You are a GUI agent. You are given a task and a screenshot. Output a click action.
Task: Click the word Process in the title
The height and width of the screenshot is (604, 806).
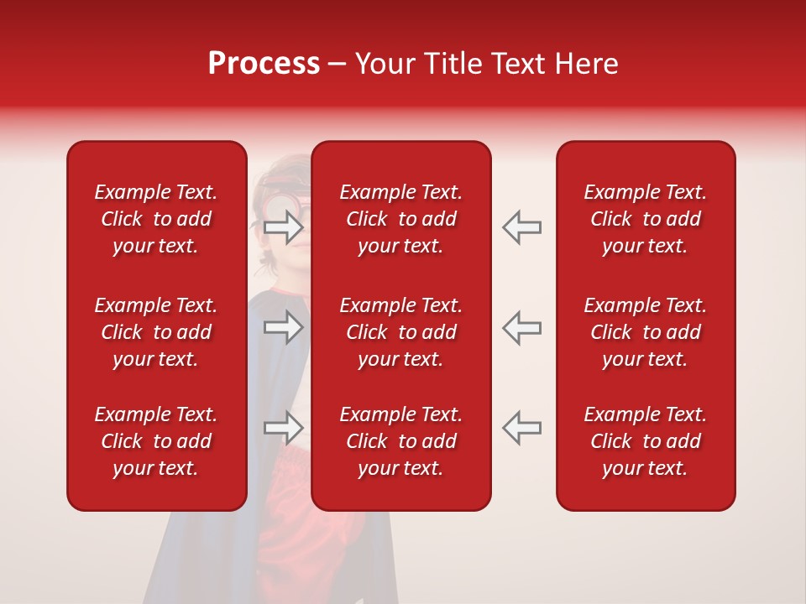(264, 64)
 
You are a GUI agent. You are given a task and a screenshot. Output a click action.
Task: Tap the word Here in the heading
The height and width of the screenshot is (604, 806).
(585, 64)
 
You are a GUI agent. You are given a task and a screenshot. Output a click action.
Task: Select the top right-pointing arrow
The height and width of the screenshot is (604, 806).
(284, 226)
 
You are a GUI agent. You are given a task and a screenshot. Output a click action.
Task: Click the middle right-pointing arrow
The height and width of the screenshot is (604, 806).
(284, 327)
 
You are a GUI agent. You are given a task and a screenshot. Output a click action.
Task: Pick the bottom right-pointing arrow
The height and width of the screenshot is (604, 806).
(284, 428)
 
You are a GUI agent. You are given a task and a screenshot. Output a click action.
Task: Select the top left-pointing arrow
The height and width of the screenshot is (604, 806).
(521, 226)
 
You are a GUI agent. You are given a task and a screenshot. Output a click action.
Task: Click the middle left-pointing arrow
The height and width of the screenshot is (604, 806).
(521, 327)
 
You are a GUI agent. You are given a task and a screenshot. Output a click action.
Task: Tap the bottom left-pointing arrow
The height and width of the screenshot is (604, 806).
(521, 428)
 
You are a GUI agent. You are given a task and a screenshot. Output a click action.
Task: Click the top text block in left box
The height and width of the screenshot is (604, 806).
(156, 219)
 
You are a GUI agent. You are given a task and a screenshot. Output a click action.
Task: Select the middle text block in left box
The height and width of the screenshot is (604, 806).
(156, 332)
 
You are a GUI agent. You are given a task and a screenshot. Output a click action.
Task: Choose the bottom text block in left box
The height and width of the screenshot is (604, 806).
(156, 441)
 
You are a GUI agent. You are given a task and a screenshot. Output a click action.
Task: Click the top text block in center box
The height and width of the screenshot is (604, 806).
(400, 219)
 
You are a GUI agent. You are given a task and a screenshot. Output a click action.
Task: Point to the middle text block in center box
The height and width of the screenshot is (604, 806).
(400, 332)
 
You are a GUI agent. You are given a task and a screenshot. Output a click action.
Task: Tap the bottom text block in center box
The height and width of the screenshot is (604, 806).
(400, 441)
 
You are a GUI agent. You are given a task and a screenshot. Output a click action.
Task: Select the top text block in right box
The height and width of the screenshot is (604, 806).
(645, 219)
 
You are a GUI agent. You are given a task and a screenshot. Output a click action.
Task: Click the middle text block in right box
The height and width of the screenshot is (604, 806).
(645, 332)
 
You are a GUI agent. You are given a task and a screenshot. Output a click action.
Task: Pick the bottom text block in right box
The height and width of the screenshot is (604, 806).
(645, 441)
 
